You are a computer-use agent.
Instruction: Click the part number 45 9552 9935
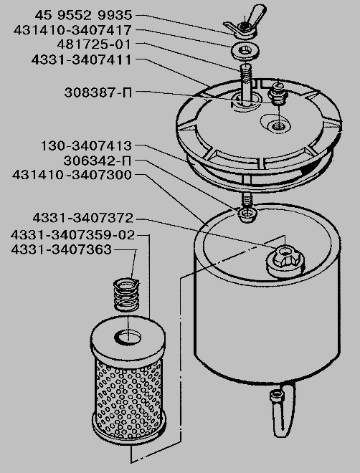[x=83, y=15]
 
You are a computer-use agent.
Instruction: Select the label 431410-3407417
[x=72, y=30]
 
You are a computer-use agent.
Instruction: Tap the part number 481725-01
[x=94, y=44]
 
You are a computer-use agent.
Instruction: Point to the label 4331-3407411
[x=82, y=59]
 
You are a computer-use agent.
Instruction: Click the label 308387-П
[x=98, y=92]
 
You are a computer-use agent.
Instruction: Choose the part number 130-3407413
[x=86, y=146]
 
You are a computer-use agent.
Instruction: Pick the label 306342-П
[x=98, y=161]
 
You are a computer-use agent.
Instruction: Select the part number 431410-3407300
[x=72, y=175]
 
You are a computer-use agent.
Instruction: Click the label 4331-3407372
[x=82, y=218]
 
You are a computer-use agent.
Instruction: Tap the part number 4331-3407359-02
[x=72, y=235]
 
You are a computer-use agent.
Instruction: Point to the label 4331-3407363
[x=61, y=250]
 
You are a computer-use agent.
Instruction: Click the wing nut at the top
[x=245, y=22]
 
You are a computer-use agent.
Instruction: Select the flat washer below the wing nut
[x=245, y=52]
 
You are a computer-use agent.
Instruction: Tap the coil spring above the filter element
[x=126, y=295]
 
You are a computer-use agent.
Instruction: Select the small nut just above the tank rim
[x=247, y=215]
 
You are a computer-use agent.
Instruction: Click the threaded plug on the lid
[x=278, y=94]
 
